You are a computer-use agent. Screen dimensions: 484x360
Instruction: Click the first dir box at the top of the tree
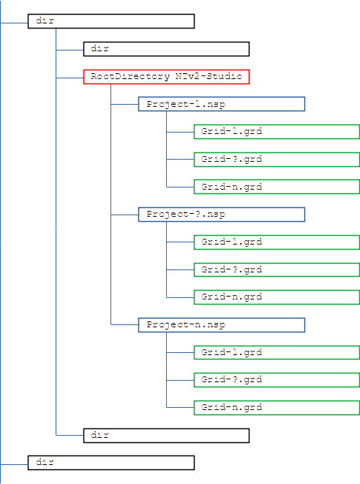click(110, 21)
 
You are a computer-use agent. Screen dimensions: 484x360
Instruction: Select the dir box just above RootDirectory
click(166, 49)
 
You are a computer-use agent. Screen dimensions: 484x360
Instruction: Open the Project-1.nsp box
click(221, 104)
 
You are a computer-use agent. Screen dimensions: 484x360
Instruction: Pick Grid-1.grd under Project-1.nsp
click(277, 132)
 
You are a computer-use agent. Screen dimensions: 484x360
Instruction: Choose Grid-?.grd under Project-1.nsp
click(277, 159)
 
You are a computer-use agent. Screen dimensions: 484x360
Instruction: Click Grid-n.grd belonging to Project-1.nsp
click(277, 187)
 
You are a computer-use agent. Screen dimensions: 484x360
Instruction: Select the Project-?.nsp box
click(221, 215)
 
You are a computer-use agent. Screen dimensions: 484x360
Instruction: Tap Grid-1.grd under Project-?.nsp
click(277, 242)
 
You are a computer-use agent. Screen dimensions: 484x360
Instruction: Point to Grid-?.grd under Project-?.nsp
click(277, 269)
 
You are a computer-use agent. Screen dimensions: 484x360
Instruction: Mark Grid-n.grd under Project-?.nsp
click(277, 297)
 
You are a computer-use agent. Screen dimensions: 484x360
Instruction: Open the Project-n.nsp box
click(221, 324)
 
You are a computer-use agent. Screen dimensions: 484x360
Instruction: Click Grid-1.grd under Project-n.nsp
click(277, 352)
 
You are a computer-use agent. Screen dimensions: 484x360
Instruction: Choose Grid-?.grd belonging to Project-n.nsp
click(277, 379)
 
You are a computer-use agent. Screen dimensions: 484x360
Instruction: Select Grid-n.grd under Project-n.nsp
click(277, 407)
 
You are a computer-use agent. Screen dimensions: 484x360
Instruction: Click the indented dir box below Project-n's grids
click(166, 435)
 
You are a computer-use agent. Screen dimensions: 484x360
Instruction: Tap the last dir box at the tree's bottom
click(110, 463)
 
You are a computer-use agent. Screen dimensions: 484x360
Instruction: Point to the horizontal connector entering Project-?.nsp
click(124, 215)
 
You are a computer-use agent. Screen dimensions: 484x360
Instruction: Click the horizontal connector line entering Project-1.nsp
click(124, 104)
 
